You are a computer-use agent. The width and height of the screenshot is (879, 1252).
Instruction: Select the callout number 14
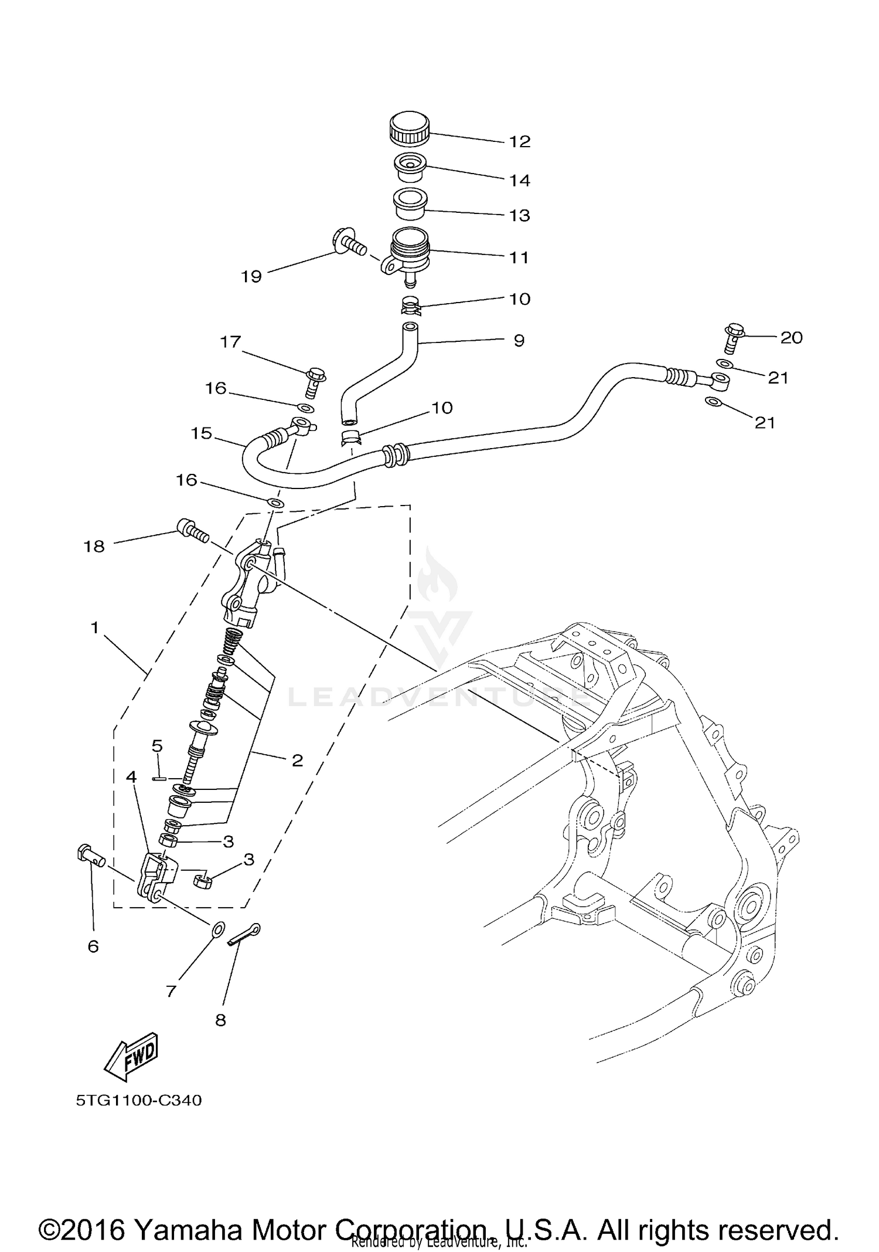coord(519,181)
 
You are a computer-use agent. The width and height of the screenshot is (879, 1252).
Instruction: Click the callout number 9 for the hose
coord(519,341)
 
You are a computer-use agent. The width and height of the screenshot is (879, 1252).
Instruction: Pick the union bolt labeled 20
coord(735,338)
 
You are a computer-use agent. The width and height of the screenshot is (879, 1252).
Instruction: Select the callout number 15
coord(201,433)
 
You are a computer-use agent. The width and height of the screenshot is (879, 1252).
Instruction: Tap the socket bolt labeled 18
coord(190,530)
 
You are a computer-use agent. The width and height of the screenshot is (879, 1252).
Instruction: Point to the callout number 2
coord(297,761)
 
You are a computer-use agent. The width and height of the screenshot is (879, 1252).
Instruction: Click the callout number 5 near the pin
coord(157,746)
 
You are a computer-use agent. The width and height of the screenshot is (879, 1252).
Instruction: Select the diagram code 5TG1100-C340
coord(139,1100)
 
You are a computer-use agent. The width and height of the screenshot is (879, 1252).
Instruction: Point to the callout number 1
coord(94,628)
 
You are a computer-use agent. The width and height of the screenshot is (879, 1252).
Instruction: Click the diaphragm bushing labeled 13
coord(408,203)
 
